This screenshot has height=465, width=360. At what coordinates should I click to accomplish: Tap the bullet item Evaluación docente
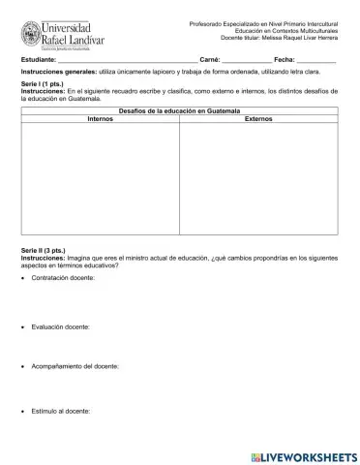[x=61, y=326]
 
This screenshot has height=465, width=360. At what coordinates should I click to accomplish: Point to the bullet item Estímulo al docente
[x=61, y=412]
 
